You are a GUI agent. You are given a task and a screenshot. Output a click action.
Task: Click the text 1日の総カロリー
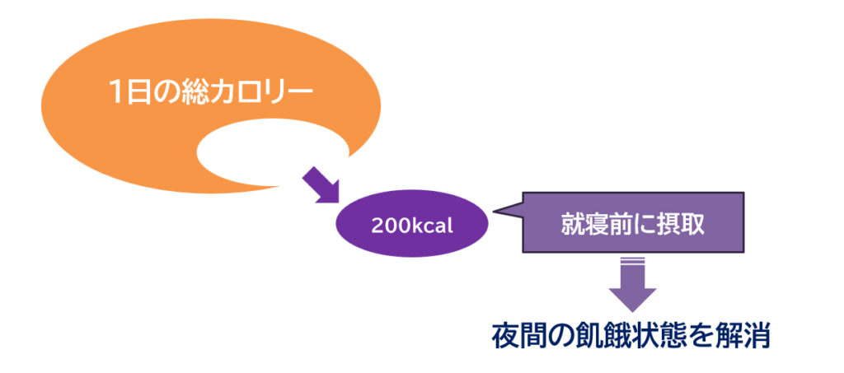211,92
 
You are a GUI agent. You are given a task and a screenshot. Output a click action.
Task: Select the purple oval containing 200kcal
412,223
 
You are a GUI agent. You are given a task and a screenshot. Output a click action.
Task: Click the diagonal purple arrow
321,185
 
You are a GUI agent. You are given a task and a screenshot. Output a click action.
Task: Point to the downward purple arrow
632,285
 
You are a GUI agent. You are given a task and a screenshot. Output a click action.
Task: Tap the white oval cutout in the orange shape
272,152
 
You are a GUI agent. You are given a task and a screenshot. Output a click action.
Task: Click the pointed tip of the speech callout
493,212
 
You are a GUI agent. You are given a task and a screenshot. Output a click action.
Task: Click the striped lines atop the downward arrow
632,261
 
